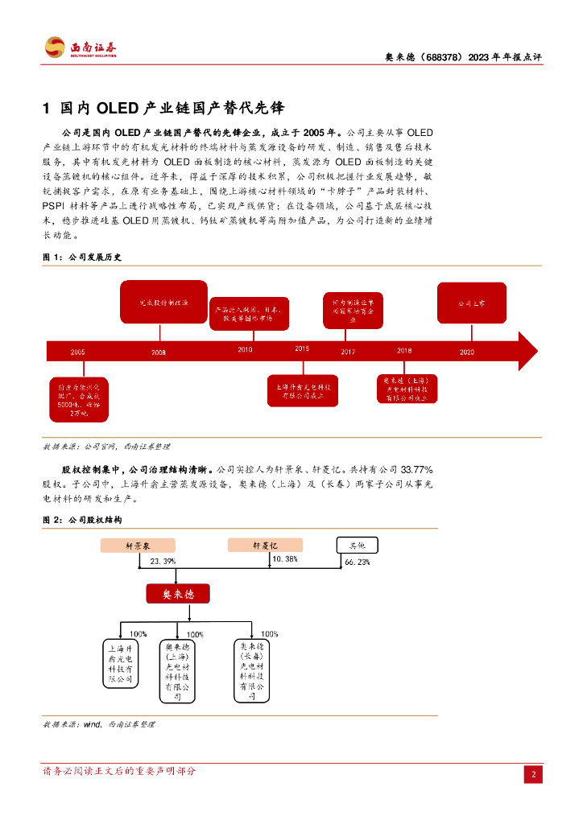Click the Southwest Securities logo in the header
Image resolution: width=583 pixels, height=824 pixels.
[x=80, y=47]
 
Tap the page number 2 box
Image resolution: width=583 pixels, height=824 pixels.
[x=533, y=774]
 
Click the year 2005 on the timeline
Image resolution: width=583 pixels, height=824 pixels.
[x=77, y=352]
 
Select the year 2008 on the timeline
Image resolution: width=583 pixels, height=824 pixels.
[x=159, y=352]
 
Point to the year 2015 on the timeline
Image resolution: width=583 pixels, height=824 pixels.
[x=302, y=348]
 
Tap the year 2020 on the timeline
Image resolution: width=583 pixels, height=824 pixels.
[x=467, y=352]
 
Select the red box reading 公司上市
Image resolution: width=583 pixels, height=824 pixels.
[x=471, y=303]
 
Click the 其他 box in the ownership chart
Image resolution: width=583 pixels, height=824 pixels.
[x=356, y=546]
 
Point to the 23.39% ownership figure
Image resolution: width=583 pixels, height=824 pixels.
[x=163, y=561]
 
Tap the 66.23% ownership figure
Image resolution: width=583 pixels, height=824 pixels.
[x=358, y=562]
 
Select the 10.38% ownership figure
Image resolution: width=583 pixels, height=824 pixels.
[x=286, y=558]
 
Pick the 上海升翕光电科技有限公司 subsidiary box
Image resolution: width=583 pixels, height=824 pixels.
[x=121, y=662]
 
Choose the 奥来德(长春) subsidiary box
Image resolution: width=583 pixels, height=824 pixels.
[x=251, y=669]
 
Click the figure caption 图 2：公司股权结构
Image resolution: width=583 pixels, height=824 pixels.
[x=81, y=521]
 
